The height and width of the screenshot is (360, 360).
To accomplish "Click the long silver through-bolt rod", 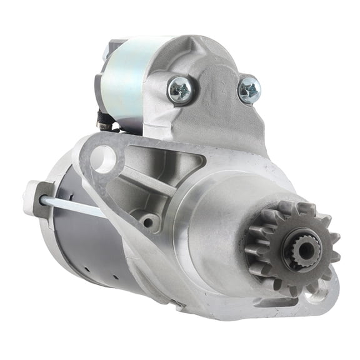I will [72, 207].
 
